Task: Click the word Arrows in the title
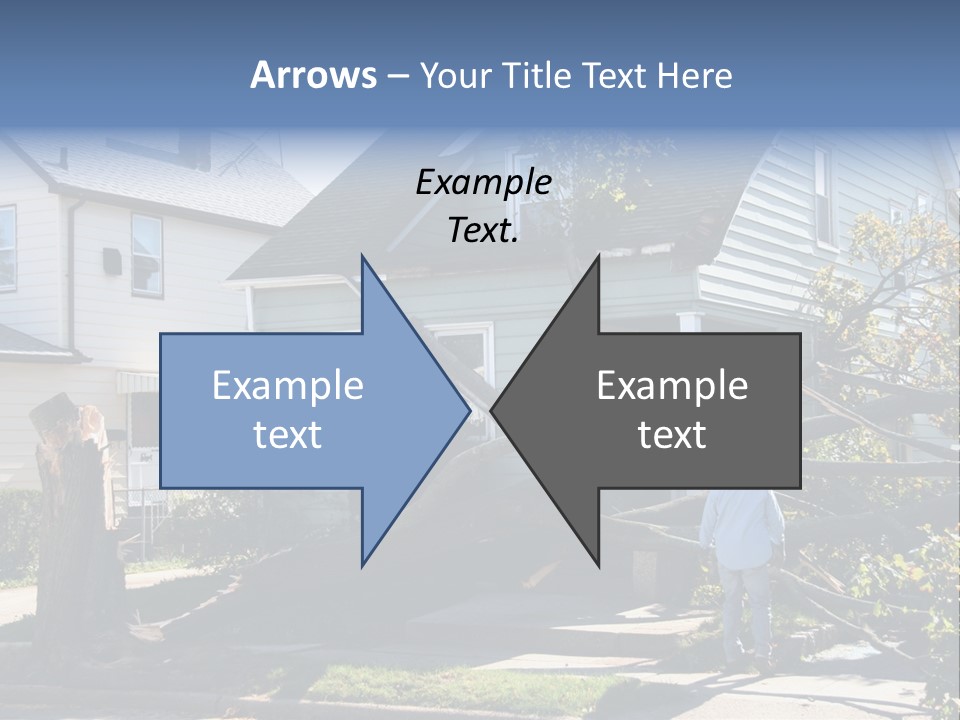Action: point(313,75)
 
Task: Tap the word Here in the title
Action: point(695,76)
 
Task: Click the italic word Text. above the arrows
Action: point(483,230)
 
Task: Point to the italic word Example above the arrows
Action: point(483,183)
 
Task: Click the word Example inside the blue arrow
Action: point(288,386)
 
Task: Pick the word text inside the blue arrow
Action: point(288,435)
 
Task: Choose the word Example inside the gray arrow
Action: point(672,386)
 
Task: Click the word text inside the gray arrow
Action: point(672,435)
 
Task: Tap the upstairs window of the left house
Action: point(146,255)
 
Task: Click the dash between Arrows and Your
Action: point(397,76)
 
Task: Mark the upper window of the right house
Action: point(823,195)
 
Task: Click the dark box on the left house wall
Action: point(112,262)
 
